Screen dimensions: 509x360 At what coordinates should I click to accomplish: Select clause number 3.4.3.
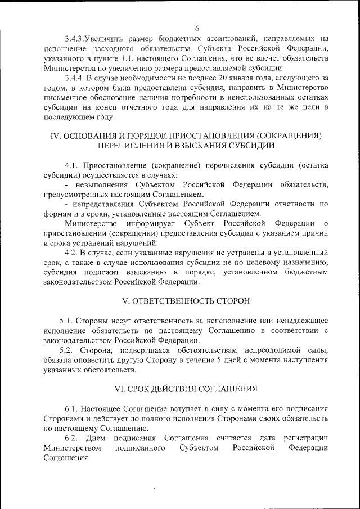pyautogui.click(x=75, y=39)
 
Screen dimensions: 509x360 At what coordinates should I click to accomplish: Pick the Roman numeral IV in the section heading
pyautogui.click(x=55, y=137)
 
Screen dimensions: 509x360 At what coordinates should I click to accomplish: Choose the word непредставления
pyautogui.click(x=106, y=204)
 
